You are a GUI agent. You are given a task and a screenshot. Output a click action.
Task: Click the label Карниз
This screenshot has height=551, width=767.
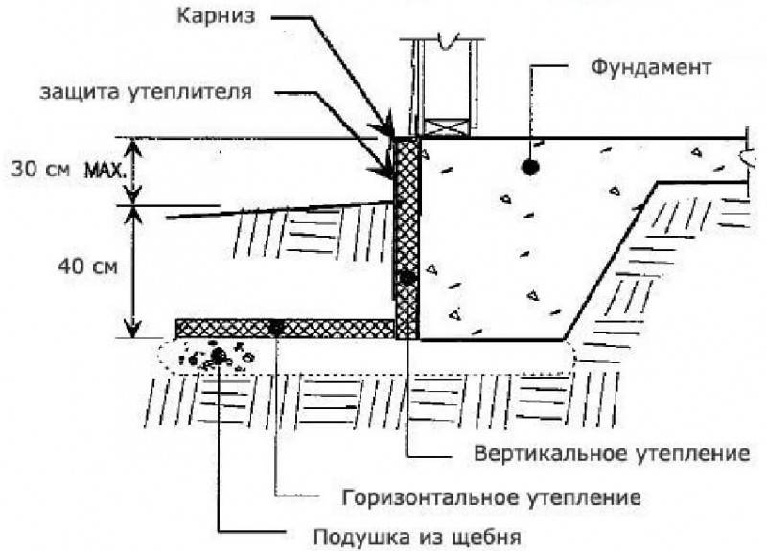click(217, 17)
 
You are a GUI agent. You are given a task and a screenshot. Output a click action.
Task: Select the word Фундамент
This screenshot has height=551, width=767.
click(651, 67)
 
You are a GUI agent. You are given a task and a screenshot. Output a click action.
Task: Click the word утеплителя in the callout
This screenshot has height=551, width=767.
click(190, 92)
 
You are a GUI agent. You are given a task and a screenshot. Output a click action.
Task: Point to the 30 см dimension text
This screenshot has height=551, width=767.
click(40, 170)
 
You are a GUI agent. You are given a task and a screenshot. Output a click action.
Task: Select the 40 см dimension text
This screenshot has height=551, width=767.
click(88, 267)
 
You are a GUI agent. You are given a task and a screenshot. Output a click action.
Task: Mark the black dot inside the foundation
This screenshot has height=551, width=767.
click(531, 167)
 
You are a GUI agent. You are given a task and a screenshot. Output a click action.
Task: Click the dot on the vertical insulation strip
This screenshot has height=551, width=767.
click(407, 277)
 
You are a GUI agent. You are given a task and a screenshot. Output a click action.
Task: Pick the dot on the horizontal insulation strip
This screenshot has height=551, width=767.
click(276, 328)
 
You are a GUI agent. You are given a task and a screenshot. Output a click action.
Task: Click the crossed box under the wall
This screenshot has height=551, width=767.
click(446, 128)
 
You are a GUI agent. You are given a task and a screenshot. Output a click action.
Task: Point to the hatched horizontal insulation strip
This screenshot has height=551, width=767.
click(285, 328)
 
